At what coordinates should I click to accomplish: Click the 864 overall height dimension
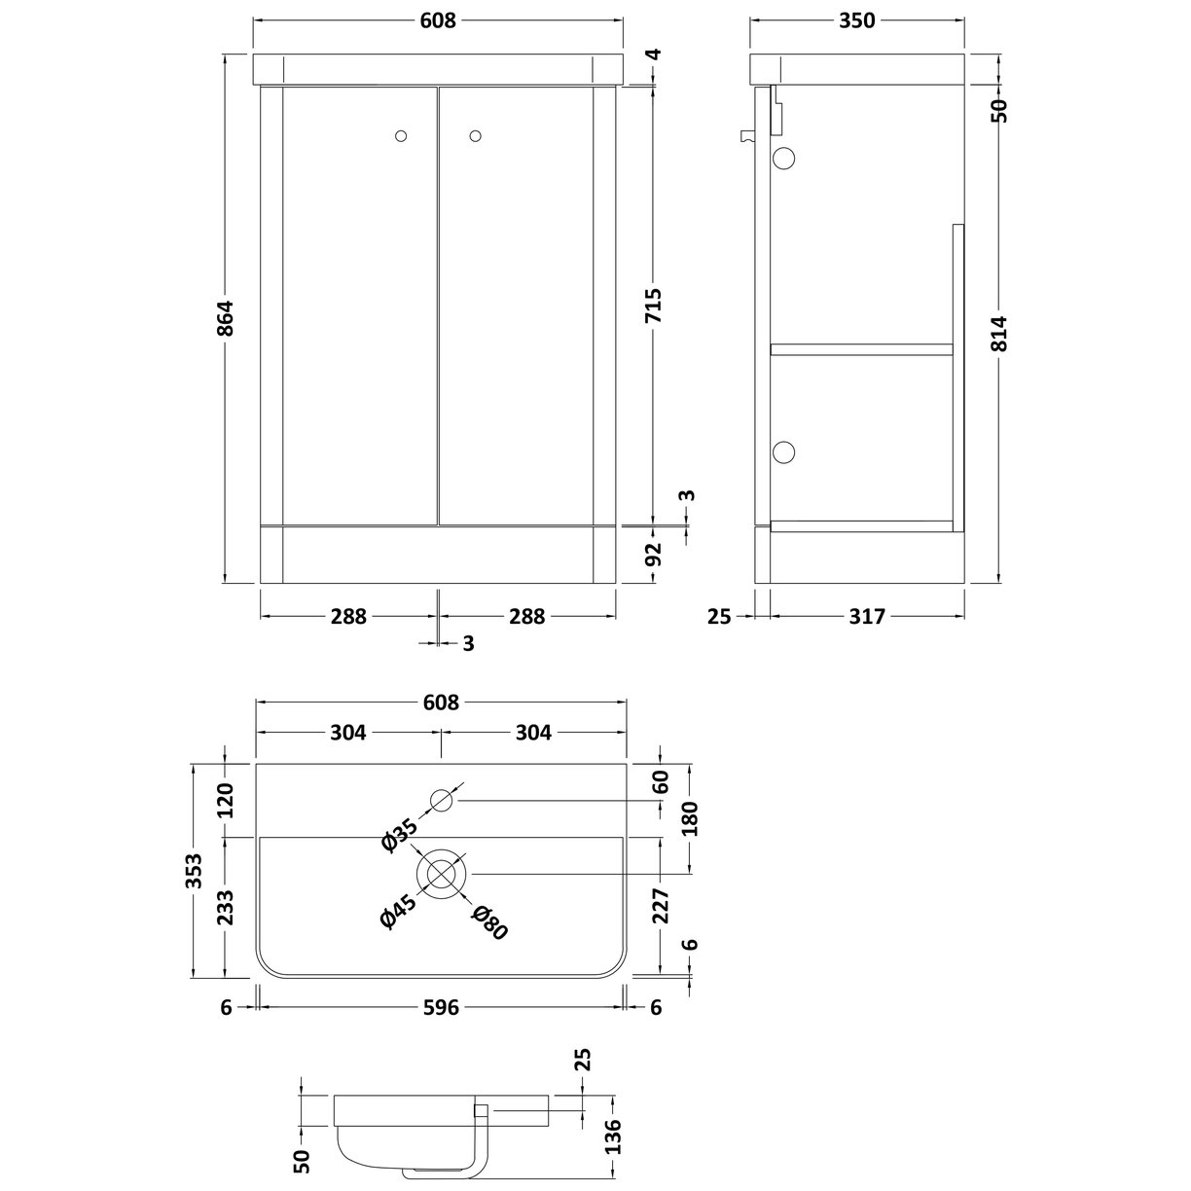click(x=225, y=318)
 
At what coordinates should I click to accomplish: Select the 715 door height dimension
click(x=653, y=306)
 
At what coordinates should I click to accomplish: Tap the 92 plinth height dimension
click(x=653, y=555)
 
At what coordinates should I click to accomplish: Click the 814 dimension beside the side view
click(x=1003, y=334)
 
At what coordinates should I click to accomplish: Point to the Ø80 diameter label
click(x=489, y=922)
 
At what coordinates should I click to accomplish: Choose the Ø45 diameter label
click(x=399, y=914)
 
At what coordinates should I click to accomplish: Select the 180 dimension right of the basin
click(x=692, y=818)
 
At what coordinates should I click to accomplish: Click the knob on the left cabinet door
click(x=403, y=137)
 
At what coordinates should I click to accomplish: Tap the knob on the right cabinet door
click(x=476, y=137)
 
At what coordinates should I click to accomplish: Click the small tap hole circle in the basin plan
click(x=443, y=801)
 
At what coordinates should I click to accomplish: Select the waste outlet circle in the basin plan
click(x=443, y=871)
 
